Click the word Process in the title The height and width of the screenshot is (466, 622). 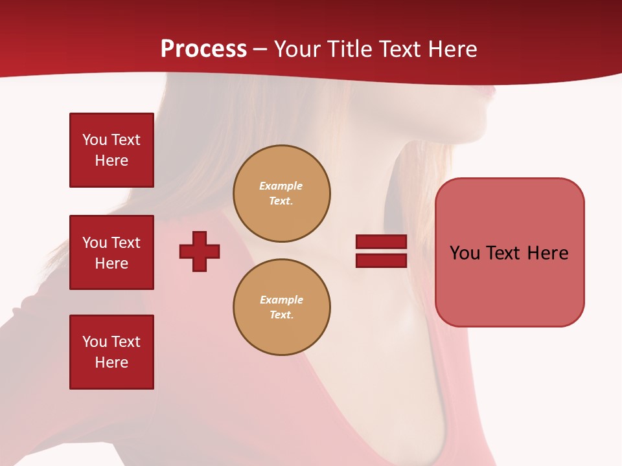(x=203, y=49)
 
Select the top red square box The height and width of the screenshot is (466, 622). (x=111, y=150)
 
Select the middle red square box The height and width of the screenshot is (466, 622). (x=111, y=252)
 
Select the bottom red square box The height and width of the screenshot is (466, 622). (x=111, y=352)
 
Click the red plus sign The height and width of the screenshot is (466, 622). (x=200, y=252)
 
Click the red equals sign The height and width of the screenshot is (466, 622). (x=381, y=251)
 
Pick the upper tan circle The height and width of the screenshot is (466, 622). (x=281, y=194)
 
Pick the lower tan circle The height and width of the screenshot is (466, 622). (x=281, y=307)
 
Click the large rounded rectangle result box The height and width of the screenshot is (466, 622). (x=509, y=252)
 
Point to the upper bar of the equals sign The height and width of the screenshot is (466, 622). (x=381, y=242)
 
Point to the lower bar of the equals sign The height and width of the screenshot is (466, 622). (x=381, y=260)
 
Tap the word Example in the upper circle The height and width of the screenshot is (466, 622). (x=281, y=186)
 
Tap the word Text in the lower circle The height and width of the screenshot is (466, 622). (x=281, y=315)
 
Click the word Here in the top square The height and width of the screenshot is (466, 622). (x=111, y=161)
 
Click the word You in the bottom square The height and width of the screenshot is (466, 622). (x=95, y=342)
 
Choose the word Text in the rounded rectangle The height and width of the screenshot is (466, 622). (x=505, y=253)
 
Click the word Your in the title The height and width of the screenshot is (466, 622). (x=297, y=49)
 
